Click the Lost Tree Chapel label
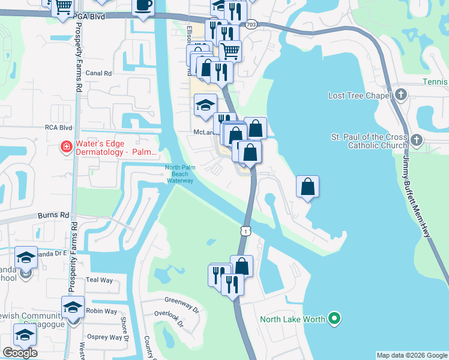click(360, 95)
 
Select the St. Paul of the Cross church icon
click(417, 140)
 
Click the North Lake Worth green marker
click(336, 319)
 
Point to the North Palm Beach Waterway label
click(179, 174)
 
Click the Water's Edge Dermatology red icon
click(67, 146)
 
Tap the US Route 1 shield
click(245, 230)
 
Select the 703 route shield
click(251, 25)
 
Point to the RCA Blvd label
click(58, 127)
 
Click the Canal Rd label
click(99, 73)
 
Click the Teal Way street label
click(99, 280)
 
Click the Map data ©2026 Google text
click(412, 355)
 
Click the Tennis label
click(436, 82)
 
